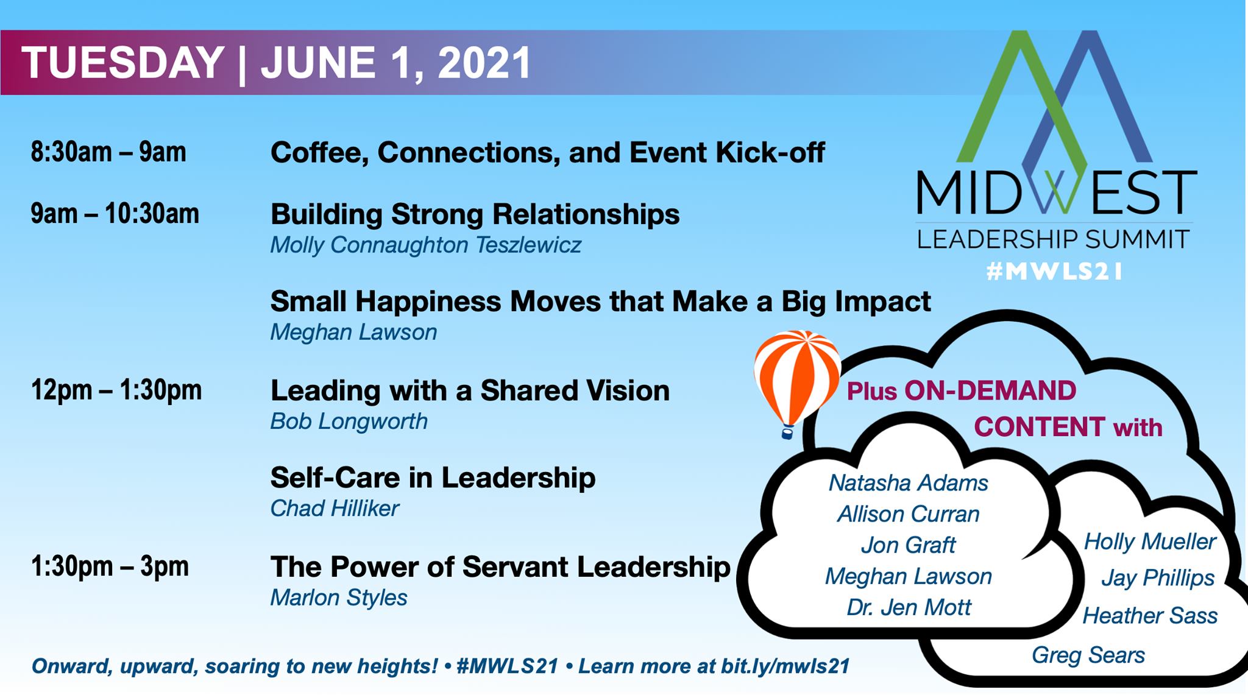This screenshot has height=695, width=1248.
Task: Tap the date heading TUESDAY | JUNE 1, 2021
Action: click(276, 63)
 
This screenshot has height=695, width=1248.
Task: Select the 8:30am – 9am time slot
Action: click(108, 152)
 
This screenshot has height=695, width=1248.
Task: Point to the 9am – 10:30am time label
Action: click(115, 214)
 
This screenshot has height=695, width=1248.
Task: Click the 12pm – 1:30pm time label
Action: click(116, 390)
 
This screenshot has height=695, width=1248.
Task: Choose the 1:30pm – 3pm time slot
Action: click(110, 566)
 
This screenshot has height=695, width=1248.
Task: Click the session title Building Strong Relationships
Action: click(475, 214)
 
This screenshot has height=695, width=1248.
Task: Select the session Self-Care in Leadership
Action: click(433, 478)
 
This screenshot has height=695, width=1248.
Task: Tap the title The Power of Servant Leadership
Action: click(500, 567)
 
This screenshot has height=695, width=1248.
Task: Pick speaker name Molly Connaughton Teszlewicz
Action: click(425, 245)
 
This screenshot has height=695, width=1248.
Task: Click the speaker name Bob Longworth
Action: click(349, 422)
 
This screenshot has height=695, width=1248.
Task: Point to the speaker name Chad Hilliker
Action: click(335, 509)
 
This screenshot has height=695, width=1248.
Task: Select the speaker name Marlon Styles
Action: click(339, 598)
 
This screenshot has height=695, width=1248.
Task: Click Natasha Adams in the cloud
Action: click(908, 483)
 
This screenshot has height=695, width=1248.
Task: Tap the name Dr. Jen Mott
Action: click(909, 607)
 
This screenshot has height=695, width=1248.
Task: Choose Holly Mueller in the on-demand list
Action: click(1150, 542)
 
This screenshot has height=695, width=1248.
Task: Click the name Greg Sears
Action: click(1088, 655)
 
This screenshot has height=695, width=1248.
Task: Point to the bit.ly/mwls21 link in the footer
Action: click(785, 666)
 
